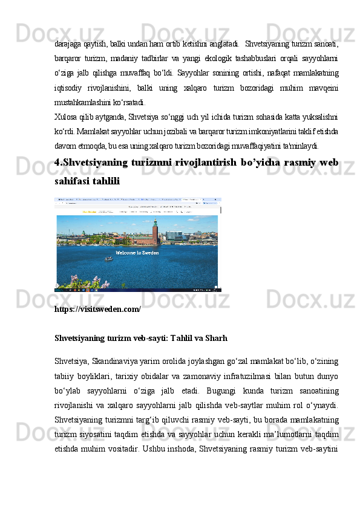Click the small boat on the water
point(109,259)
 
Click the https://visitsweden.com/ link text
point(97,309)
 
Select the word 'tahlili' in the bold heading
point(105,181)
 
